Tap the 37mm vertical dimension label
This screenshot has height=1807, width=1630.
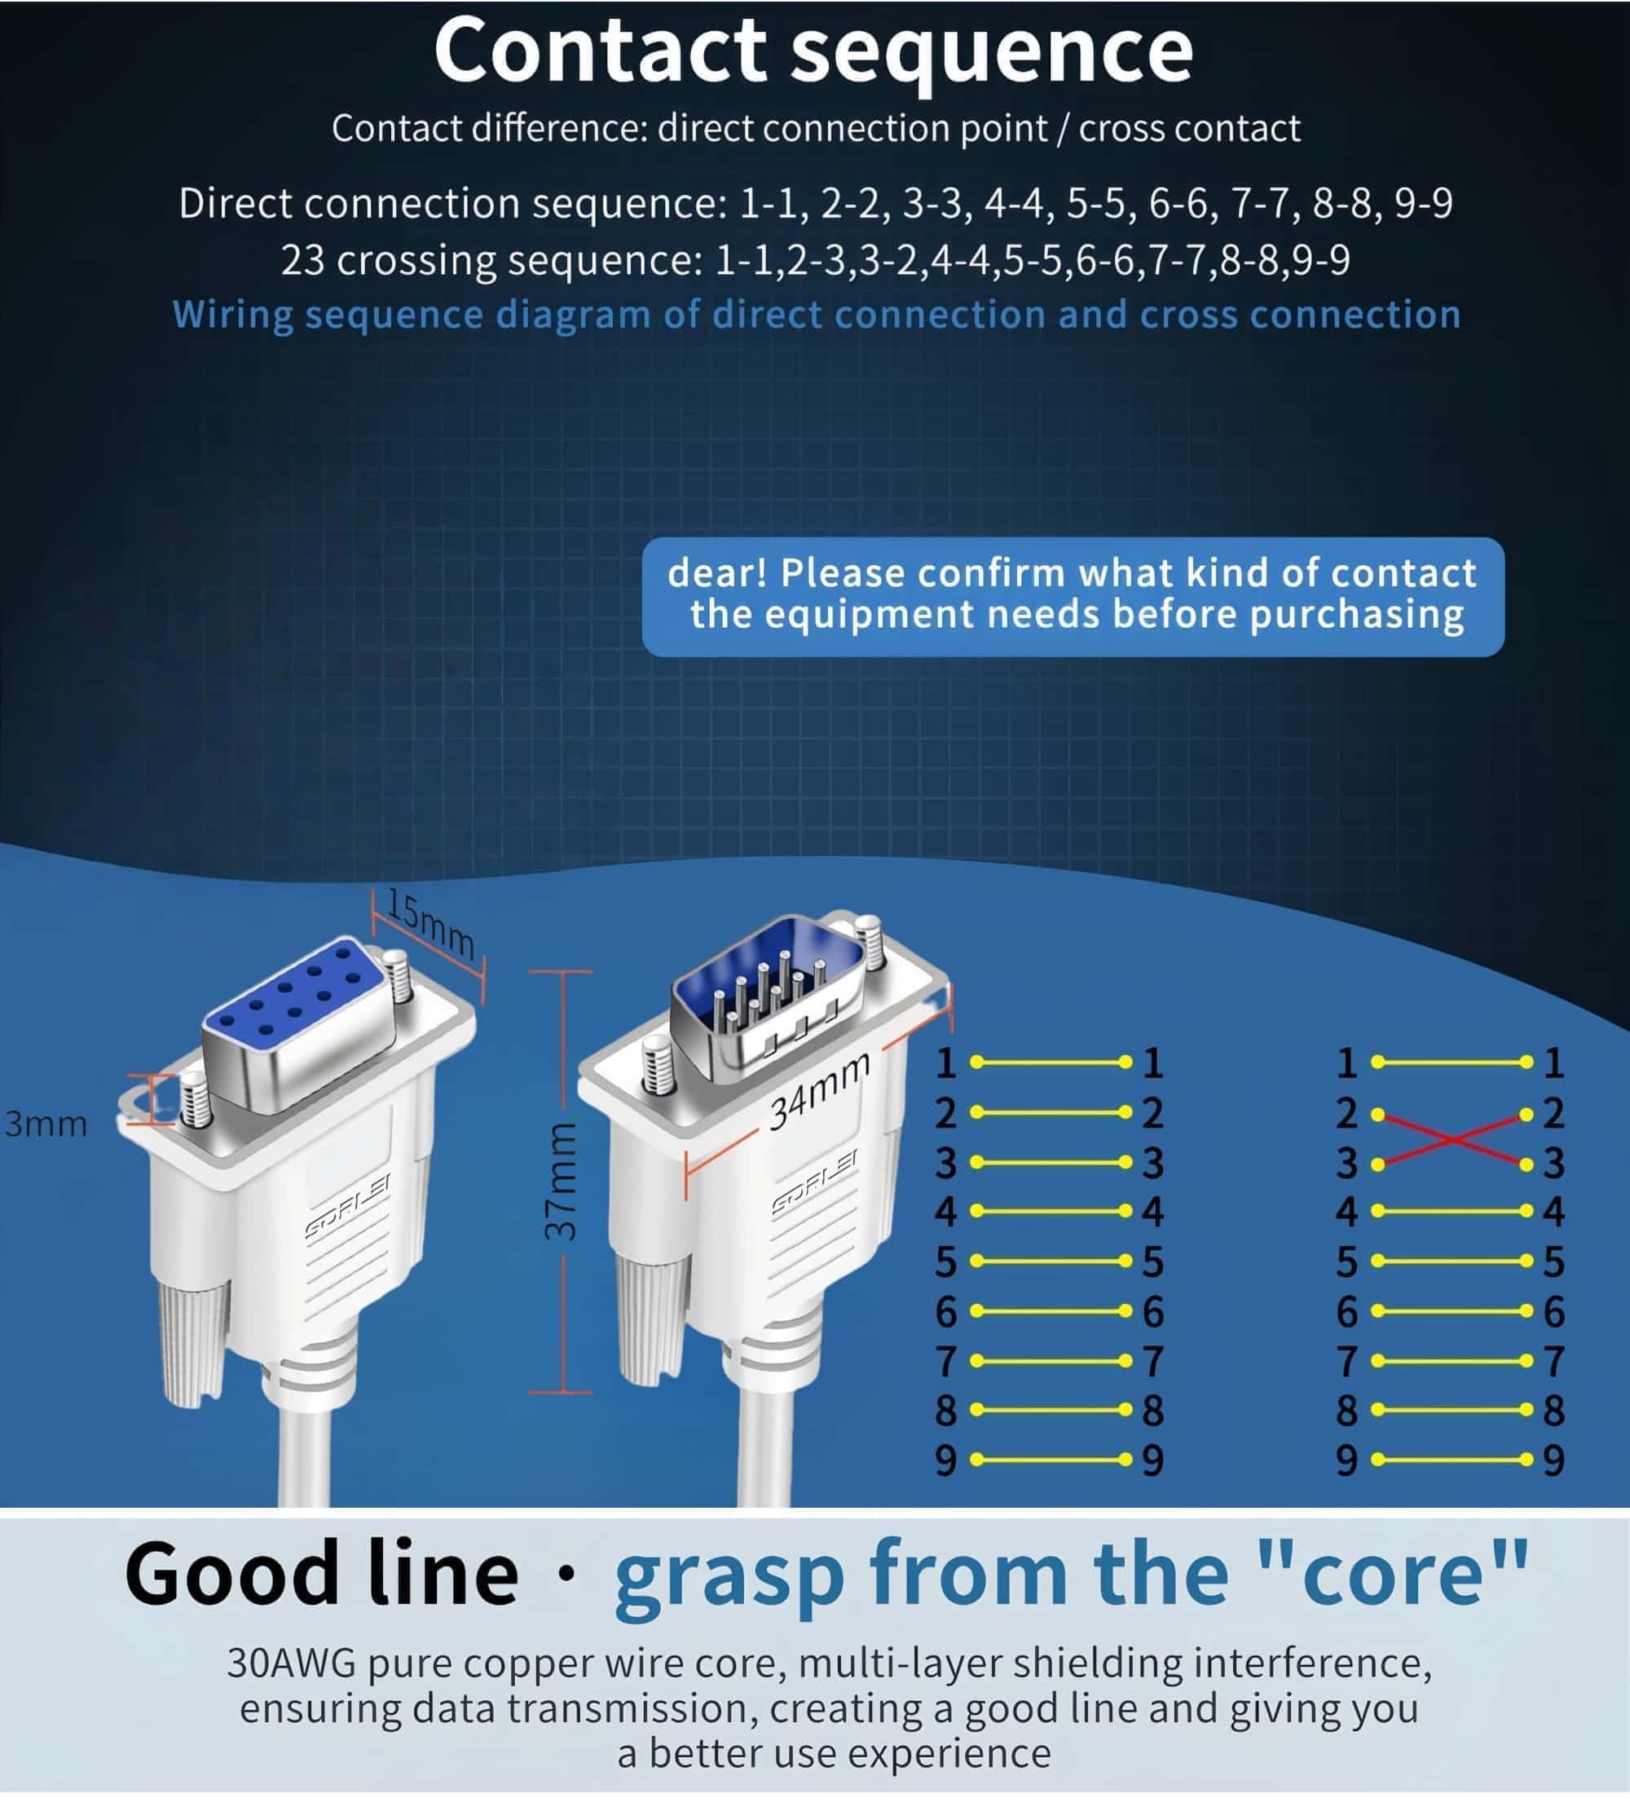pos(562,1182)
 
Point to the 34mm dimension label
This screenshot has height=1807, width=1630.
pos(819,1091)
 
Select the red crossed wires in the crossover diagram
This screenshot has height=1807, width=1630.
pos(1452,1138)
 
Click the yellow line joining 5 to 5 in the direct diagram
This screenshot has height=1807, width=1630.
pos(1049,1261)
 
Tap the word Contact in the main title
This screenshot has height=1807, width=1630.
pos(600,51)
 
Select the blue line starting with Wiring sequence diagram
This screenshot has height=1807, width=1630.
pos(816,316)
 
